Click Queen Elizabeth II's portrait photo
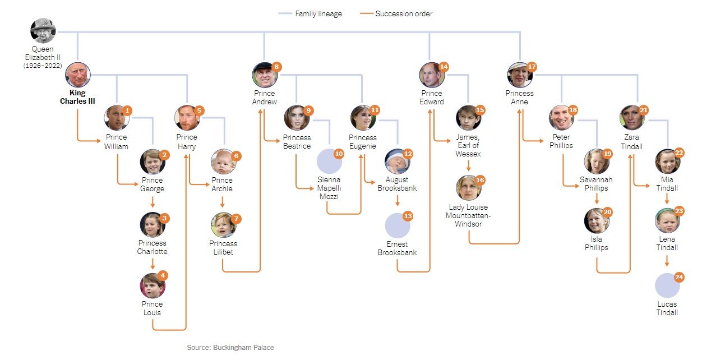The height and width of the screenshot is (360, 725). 43,30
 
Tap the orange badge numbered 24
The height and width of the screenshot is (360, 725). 679,278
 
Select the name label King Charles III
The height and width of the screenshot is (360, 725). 77,97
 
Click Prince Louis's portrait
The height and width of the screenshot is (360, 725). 152,286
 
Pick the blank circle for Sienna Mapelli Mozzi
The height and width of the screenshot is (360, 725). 329,161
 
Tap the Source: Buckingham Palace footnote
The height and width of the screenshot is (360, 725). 230,348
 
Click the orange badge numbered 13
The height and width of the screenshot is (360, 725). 408,216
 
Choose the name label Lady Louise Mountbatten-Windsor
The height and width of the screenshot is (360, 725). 468,215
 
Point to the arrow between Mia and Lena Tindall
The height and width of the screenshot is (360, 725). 667,199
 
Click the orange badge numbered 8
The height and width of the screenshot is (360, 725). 276,67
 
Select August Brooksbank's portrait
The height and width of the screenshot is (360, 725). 396,161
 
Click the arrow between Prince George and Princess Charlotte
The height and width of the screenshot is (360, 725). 152,202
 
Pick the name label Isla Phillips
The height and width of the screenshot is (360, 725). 596,243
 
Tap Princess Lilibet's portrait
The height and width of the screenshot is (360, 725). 223,225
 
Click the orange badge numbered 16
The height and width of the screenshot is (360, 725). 480,179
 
